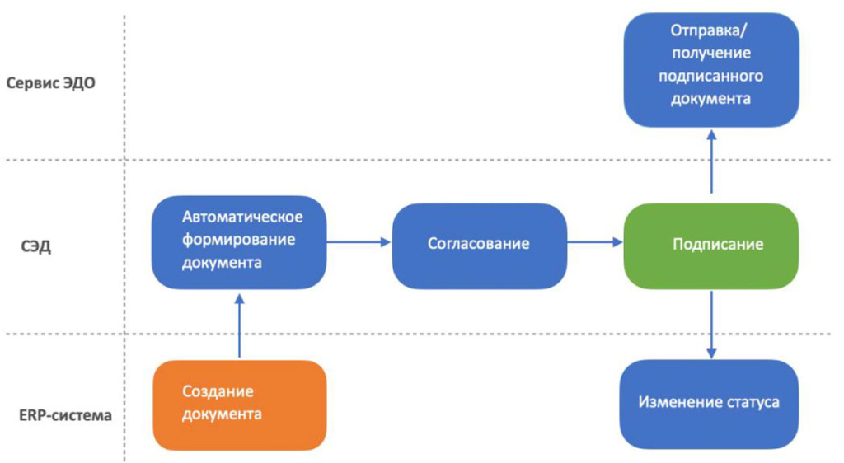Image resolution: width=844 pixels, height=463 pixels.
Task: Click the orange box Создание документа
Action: (240, 405)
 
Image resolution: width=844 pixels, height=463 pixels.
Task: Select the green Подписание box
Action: (711, 245)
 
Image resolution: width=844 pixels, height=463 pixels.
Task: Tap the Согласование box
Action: (479, 243)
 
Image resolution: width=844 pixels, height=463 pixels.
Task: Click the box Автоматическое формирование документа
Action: (239, 241)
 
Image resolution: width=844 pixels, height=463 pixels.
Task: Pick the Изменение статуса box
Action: (709, 402)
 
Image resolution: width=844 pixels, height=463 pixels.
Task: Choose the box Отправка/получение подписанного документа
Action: (711, 69)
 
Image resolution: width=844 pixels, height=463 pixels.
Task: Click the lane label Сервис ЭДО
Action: (51, 82)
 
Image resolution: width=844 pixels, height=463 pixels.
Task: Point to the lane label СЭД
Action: (36, 246)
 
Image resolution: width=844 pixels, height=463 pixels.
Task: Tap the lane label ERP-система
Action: (65, 414)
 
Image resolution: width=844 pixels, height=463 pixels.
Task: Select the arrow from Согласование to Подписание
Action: (594, 242)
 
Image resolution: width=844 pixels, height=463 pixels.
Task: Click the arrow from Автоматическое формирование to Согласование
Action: (359, 241)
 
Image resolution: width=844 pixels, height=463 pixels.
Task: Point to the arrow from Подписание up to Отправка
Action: (711, 161)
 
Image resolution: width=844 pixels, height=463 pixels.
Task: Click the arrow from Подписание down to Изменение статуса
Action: (711, 323)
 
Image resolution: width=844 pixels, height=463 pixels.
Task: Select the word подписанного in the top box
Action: (710, 77)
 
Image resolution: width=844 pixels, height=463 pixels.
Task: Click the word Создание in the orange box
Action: (218, 391)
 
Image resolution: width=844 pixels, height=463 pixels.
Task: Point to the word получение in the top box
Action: (710, 54)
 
